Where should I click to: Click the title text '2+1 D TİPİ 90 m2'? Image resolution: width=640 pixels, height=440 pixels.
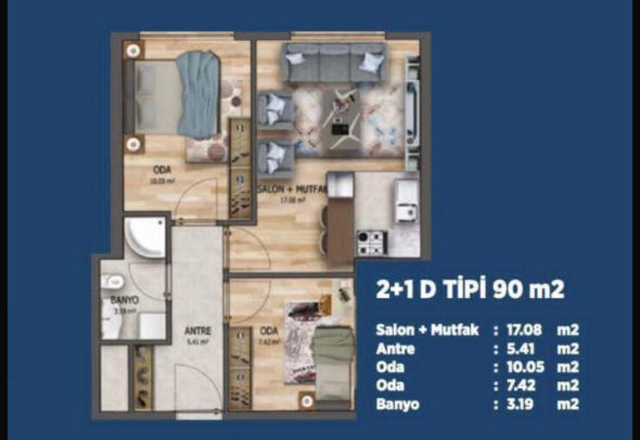point(470,290)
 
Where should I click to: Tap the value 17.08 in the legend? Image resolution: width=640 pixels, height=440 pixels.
point(524,330)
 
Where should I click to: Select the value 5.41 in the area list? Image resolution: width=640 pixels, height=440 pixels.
point(518,348)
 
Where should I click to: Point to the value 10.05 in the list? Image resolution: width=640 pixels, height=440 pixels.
point(525,367)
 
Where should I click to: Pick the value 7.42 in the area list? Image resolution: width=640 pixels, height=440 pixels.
point(521,386)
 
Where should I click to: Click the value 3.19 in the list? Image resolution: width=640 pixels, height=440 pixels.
point(519,404)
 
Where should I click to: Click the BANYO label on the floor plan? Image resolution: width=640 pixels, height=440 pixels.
point(124,299)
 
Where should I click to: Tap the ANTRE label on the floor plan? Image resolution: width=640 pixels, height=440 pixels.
point(197,330)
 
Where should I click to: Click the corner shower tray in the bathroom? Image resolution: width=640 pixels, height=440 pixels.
point(144,237)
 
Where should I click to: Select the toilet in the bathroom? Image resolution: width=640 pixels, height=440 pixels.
point(112,282)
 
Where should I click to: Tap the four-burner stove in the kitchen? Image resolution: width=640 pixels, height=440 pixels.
point(372,242)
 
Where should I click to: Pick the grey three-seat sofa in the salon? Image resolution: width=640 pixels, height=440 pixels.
point(334,62)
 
